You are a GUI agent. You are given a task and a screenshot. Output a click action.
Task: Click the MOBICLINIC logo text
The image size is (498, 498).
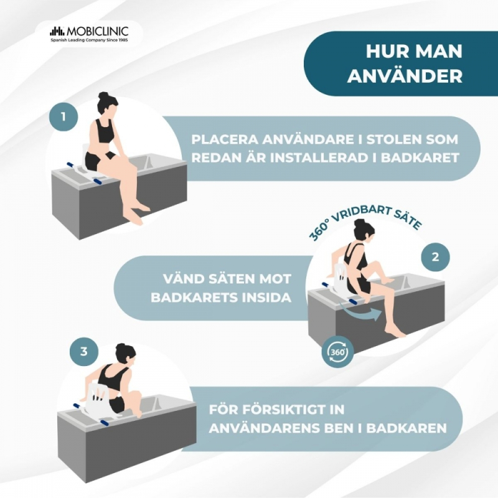98,31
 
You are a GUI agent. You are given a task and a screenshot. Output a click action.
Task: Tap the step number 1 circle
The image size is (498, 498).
63,116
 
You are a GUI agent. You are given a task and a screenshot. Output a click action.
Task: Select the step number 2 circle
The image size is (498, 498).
435,257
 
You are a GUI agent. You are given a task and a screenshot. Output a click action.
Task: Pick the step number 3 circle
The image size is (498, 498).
84,352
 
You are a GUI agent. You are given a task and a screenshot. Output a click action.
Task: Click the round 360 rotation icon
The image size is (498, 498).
337,352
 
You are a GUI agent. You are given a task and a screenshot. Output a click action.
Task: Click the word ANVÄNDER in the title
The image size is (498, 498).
405,77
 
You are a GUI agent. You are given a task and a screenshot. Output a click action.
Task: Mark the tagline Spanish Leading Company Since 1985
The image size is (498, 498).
89,40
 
